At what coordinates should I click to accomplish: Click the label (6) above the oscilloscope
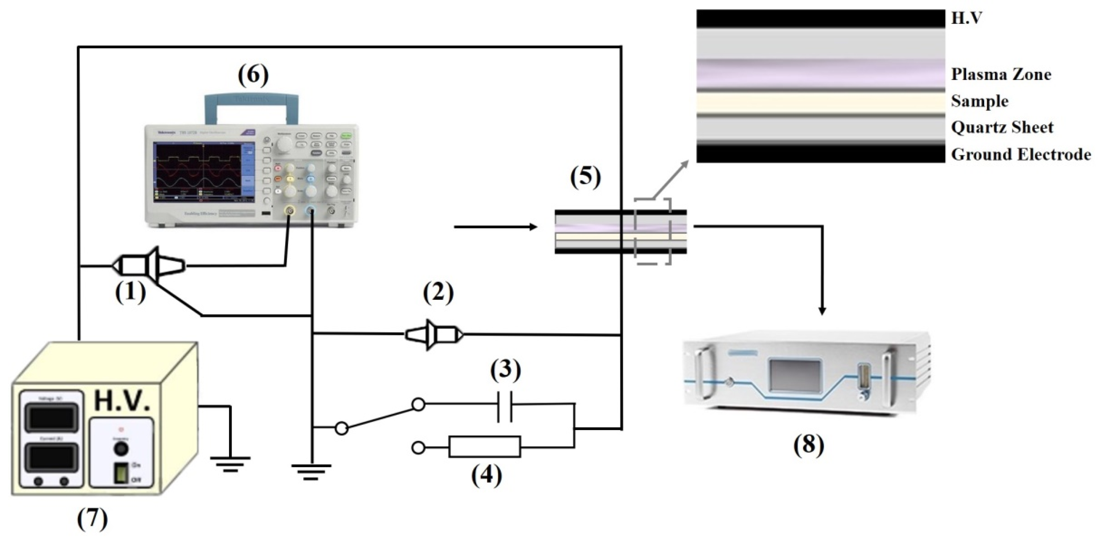[x=253, y=75]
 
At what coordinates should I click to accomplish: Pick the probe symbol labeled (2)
[x=434, y=335]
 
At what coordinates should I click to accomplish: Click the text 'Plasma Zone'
[x=1001, y=75]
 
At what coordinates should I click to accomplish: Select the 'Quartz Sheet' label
[x=1002, y=127]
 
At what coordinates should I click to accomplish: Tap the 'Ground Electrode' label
[x=1021, y=154]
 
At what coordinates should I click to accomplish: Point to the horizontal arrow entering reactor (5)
[x=495, y=227]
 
